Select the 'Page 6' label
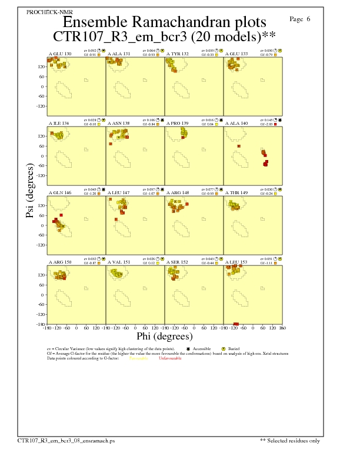point(300,19)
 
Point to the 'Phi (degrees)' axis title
point(164,337)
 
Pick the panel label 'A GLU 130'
point(59,54)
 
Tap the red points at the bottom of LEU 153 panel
point(236,324)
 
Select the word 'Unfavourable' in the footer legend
point(171,358)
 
